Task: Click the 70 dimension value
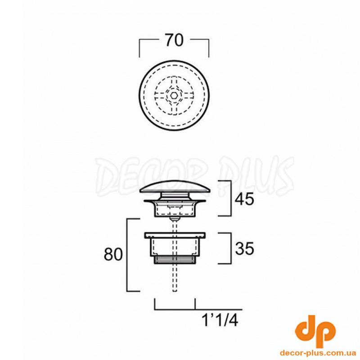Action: (175, 40)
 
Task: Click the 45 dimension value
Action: (244, 199)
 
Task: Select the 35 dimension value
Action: (244, 248)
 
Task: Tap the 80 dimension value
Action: (113, 254)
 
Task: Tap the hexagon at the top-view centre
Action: (174, 94)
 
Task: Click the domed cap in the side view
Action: (175, 186)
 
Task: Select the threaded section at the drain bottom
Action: (175, 260)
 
